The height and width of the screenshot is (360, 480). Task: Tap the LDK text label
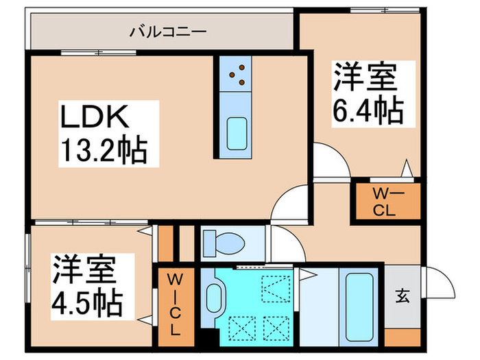(93, 119)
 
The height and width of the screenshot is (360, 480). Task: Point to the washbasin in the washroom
(215, 300)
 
